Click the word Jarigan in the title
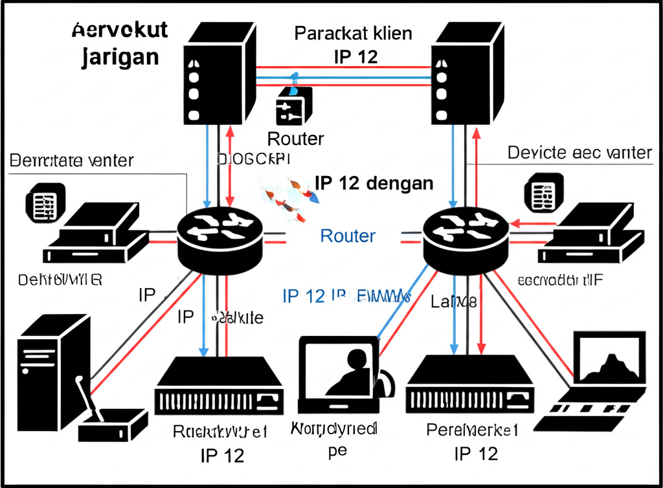point(121,56)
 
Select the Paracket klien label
point(353,33)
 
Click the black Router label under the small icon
point(295,138)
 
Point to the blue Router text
point(348,236)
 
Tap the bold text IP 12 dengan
point(374,183)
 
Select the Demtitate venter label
point(72,160)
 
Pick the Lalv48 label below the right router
point(454,301)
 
